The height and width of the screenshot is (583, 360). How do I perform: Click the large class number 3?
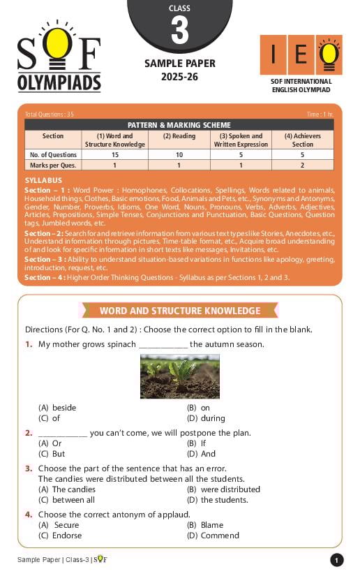[x=179, y=31]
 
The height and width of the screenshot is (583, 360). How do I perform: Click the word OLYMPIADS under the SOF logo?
[x=59, y=82]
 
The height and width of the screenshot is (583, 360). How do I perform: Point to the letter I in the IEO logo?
[x=273, y=55]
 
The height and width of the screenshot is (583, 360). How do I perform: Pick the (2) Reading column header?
[x=179, y=136]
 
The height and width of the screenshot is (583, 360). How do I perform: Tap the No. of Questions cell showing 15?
[x=114, y=154]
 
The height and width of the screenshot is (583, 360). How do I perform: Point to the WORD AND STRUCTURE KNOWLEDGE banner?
[x=179, y=311]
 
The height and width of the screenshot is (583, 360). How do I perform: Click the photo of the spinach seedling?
[x=179, y=376]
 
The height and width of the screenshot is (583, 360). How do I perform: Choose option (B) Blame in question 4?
[x=205, y=525]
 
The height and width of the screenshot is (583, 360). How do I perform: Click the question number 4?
[x=29, y=515]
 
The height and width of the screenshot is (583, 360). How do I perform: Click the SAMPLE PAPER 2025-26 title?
[x=179, y=69]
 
